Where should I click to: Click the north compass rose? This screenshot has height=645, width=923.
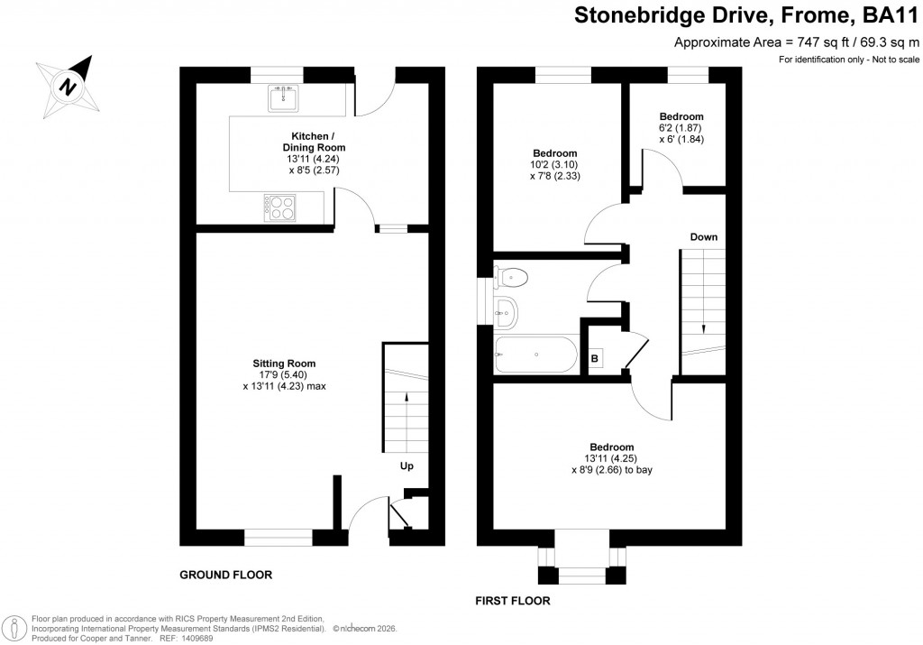(68, 87)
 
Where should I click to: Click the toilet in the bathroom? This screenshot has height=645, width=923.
(513, 276)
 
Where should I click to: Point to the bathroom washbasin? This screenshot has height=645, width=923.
(507, 312)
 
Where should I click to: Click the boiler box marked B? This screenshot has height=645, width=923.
(594, 358)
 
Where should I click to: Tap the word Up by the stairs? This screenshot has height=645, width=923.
(407, 466)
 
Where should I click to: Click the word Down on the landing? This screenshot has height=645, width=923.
(704, 237)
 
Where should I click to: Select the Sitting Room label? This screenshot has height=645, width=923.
(283, 364)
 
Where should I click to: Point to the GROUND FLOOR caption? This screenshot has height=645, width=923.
(225, 575)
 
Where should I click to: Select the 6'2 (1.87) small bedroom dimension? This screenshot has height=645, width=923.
(681, 128)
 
